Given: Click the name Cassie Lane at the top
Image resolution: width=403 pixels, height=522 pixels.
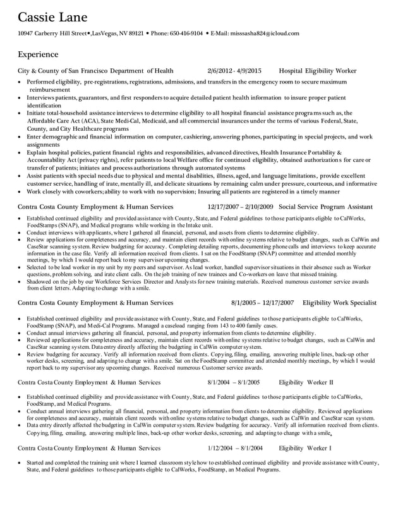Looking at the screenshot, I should coord(52,16).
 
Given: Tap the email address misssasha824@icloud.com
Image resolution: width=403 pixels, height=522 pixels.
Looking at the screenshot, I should coord(264,33).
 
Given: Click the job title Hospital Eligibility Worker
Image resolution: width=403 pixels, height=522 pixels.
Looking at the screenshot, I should coord(317,71).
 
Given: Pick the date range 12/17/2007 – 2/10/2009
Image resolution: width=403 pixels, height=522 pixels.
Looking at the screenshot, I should coord(240,207).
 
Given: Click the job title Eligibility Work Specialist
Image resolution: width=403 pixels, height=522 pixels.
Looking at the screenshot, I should coord(339,303).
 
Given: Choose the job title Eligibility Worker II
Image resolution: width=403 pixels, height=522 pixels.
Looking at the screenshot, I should coord(306,382).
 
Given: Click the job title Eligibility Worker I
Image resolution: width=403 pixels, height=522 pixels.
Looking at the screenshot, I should coord(304,447).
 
